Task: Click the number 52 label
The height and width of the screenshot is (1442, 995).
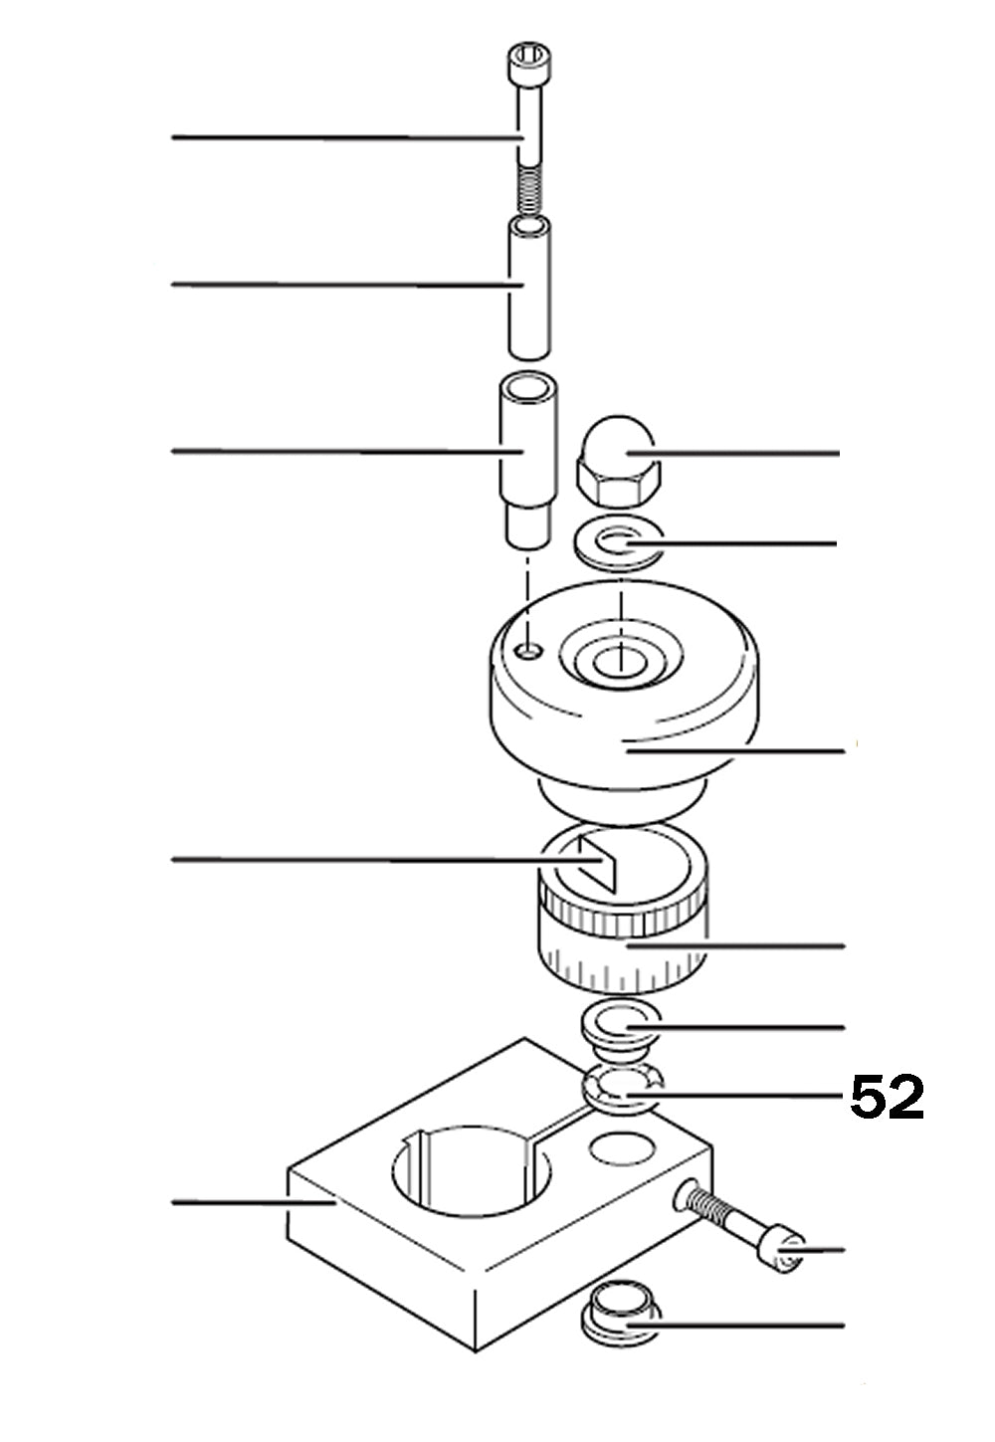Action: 887,1098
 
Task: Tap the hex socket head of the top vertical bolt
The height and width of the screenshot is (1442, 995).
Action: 526,66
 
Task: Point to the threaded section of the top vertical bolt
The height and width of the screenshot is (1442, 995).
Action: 530,189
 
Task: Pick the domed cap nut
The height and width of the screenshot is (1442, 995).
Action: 615,462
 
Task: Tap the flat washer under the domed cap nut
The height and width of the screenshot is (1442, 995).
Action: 617,545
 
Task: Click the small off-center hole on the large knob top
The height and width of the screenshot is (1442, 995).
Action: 531,650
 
